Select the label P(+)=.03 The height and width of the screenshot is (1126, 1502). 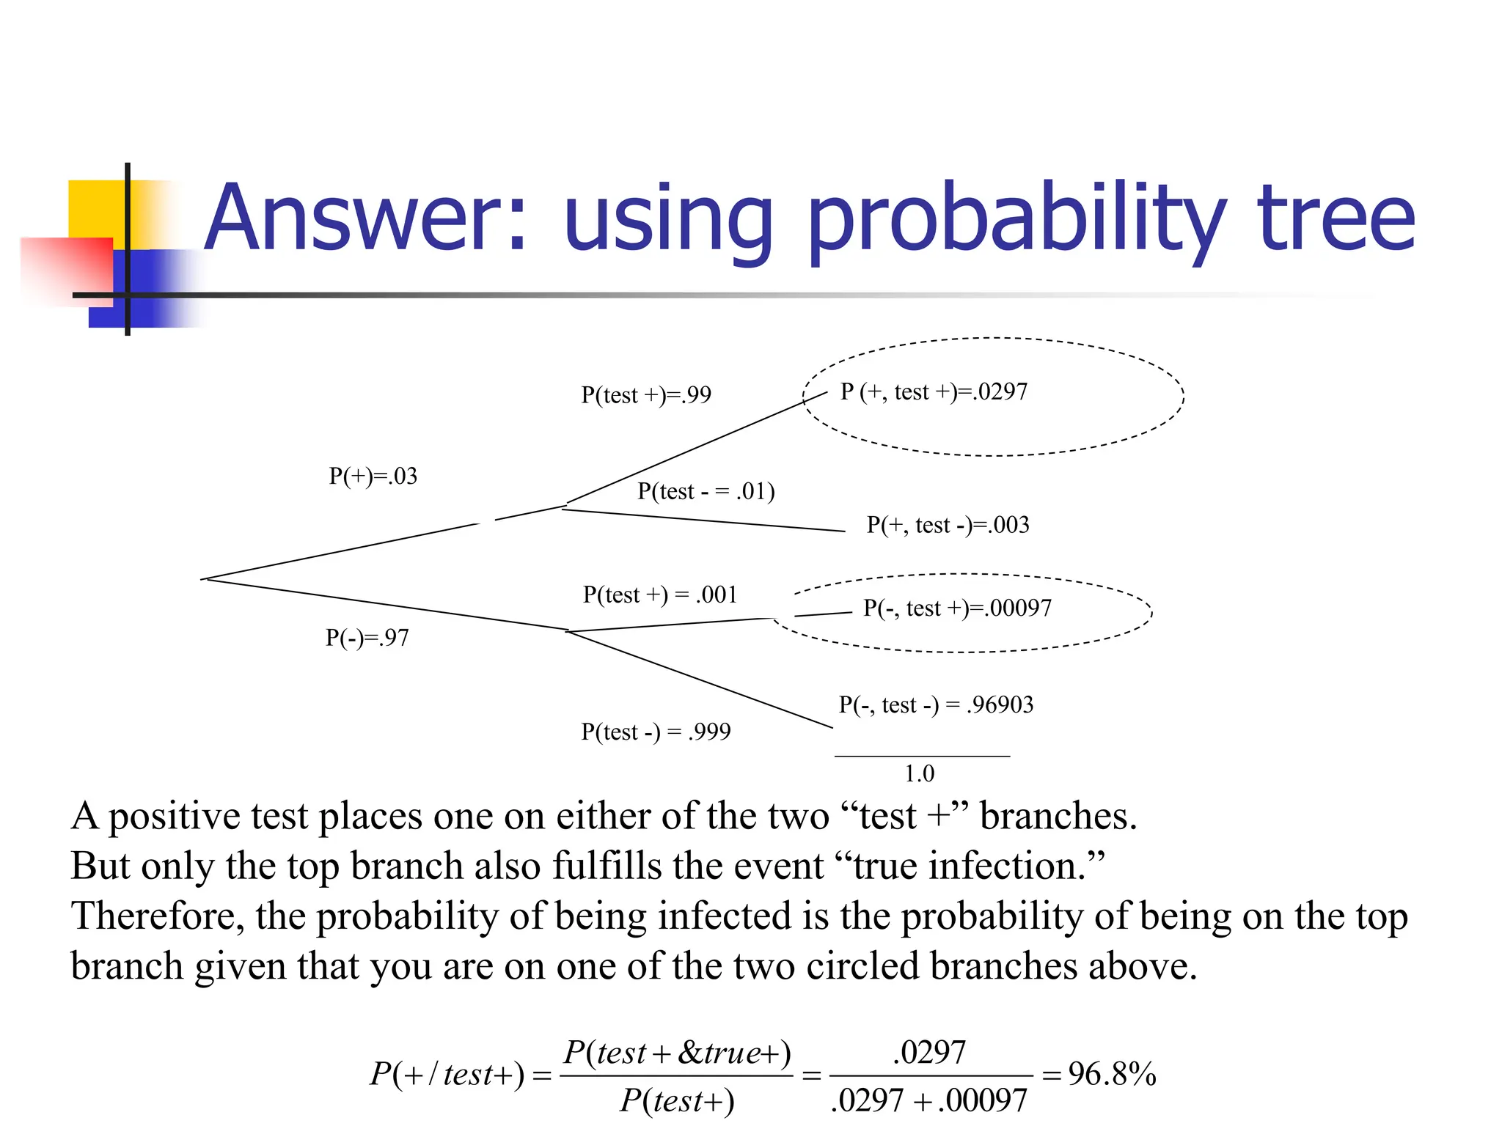pyautogui.click(x=373, y=476)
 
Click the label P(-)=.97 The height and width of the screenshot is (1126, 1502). pyautogui.click(x=367, y=638)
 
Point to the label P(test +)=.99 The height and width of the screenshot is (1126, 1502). pyautogui.click(x=645, y=395)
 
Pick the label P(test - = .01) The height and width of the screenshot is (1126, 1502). pyautogui.click(x=706, y=491)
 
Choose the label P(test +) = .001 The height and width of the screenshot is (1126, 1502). pyautogui.click(x=659, y=595)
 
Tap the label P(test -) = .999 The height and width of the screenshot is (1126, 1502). pyautogui.click(x=655, y=732)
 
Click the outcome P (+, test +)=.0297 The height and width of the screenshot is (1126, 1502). pyautogui.click(x=933, y=392)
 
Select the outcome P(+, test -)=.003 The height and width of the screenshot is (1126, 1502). pyautogui.click(x=948, y=525)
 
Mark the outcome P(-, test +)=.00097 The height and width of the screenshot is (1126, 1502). pyautogui.click(x=957, y=608)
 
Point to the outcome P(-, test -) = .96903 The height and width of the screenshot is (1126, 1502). pyautogui.click(x=936, y=705)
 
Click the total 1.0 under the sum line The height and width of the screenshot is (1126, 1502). pyautogui.click(x=919, y=773)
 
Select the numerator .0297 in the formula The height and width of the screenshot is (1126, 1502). pyautogui.click(x=928, y=1053)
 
